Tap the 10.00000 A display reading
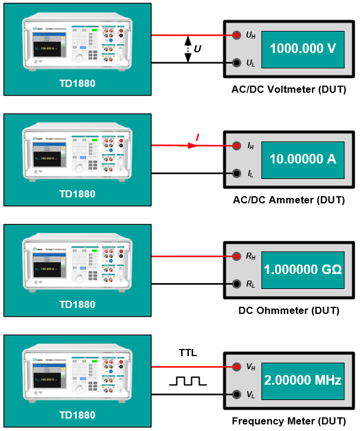[303, 159]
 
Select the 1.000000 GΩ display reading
[303, 270]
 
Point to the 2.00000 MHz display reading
[303, 380]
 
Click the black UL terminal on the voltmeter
[236, 62]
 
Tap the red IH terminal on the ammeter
[236, 146]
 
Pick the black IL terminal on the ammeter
[236, 173]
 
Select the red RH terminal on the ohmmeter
[236, 256]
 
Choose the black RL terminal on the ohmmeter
[236, 284]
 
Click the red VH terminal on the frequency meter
[236, 367]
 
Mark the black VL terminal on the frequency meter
[236, 394]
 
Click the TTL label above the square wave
[188, 353]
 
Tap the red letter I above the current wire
[197, 139]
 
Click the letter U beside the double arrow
[198, 49]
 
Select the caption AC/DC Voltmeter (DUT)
[289, 90]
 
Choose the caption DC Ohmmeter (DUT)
[289, 310]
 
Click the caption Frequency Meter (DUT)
[289, 421]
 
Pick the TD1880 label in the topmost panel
[77, 83]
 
